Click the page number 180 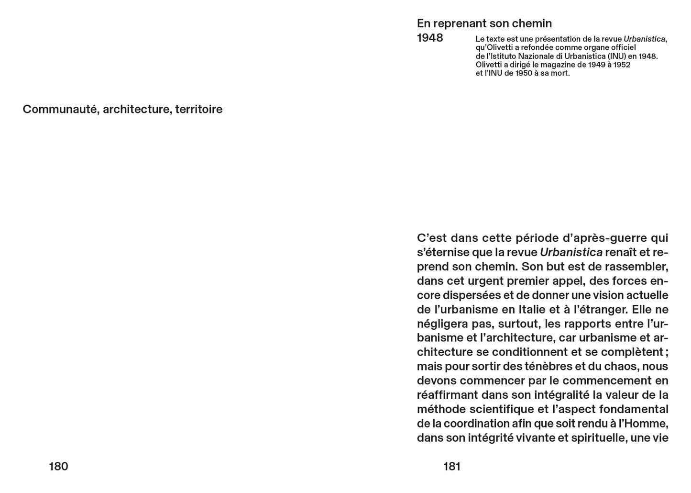[x=58, y=466]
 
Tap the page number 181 [x=452, y=466]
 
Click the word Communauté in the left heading [x=61, y=109]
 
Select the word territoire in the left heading [x=198, y=109]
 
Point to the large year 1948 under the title [x=430, y=38]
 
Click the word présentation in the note [x=550, y=39]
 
